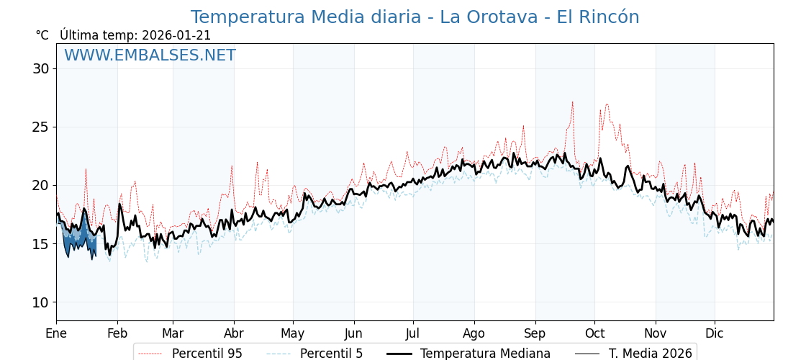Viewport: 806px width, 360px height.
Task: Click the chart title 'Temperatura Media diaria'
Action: [415, 17]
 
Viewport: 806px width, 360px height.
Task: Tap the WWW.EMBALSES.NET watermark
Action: [150, 55]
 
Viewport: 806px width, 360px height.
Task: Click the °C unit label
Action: [42, 35]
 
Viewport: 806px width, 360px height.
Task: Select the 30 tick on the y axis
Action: [40, 68]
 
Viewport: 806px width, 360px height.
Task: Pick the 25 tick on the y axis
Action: [40, 127]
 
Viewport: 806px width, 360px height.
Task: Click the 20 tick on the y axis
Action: [40, 185]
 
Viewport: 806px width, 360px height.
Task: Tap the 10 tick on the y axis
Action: [40, 302]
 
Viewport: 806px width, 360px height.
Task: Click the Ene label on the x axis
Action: [56, 333]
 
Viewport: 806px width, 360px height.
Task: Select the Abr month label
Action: [234, 333]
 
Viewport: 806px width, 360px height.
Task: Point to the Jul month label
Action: [413, 333]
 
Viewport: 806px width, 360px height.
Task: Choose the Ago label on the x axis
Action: [474, 333]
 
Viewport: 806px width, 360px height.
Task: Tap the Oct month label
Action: [594, 333]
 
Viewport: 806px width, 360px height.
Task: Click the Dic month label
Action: [715, 333]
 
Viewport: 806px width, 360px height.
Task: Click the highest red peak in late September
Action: [573, 102]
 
